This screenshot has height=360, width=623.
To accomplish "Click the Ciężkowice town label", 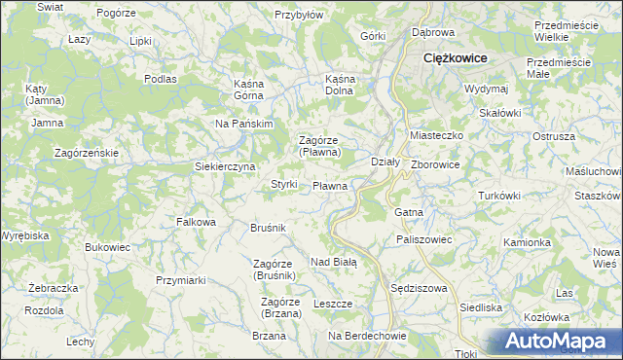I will pyautogui.click(x=455, y=58).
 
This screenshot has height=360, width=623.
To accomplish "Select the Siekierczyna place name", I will pyautogui.click(x=225, y=166).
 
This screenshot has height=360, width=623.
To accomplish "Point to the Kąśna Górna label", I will pyautogui.click(x=256, y=90).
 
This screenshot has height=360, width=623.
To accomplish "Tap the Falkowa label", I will pyautogui.click(x=196, y=222).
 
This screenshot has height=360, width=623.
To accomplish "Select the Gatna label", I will pyautogui.click(x=407, y=211).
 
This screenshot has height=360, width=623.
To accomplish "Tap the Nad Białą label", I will pyautogui.click(x=334, y=262).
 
